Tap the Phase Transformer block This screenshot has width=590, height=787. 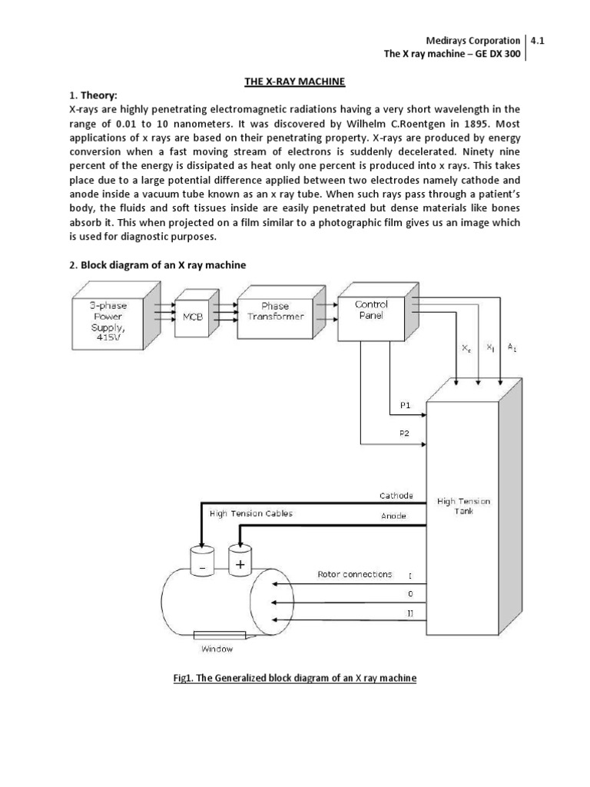pyautogui.click(x=275, y=311)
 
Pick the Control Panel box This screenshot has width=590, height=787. pyautogui.click(x=371, y=310)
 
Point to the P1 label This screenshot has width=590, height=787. pyautogui.click(x=405, y=404)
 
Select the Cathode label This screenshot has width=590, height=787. pyautogui.click(x=396, y=495)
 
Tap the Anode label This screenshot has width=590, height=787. pyautogui.click(x=393, y=516)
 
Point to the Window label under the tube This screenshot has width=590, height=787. pyautogui.click(x=217, y=649)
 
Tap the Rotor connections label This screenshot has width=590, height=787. pyautogui.click(x=354, y=574)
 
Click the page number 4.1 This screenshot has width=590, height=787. pyautogui.click(x=543, y=42)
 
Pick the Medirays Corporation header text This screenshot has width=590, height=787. pyautogui.click(x=472, y=42)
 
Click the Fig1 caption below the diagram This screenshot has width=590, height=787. pyautogui.click(x=294, y=679)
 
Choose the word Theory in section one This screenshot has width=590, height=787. pyautogui.click(x=100, y=95)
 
